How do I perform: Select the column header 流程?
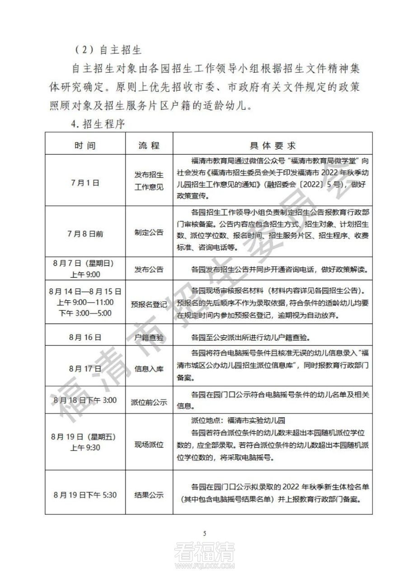coord(149,146)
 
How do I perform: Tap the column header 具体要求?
coord(273,146)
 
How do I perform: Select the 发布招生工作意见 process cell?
coord(149,180)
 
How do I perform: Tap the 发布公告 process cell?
coord(149,270)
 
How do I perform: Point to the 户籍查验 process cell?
coord(149,337)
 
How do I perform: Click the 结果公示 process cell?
coord(149,495)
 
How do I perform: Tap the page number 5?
coord(205,533)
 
